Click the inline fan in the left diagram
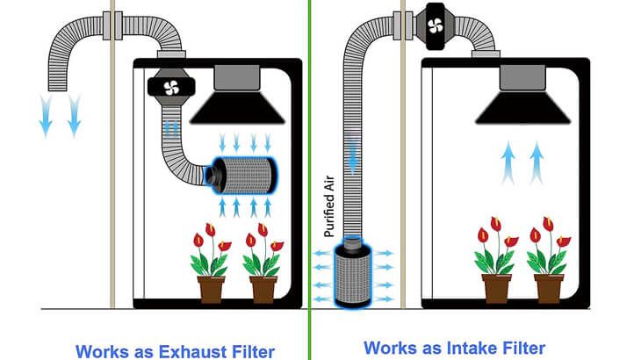pos(169,86)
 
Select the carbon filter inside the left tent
pos(243,176)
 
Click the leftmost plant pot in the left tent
pos(212,288)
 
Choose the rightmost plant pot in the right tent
pos(549,287)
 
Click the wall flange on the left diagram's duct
pos(112,26)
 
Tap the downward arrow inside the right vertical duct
pos(354,157)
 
